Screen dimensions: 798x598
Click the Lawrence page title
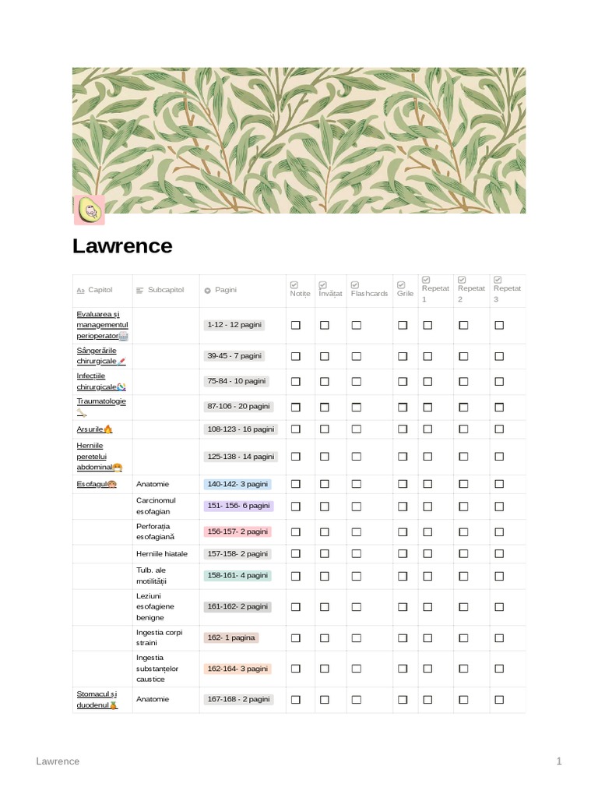point(122,246)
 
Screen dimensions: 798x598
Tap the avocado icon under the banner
point(88,210)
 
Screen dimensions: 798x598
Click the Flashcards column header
point(369,294)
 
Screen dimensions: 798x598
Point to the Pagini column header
point(226,290)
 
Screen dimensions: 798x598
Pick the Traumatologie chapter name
point(101,401)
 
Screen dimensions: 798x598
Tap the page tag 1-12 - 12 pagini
point(234,324)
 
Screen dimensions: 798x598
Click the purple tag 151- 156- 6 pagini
point(237,506)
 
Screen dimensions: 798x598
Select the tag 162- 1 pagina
point(230,637)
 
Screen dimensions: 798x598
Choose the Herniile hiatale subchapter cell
point(162,554)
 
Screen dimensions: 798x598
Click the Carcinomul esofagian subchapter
point(156,506)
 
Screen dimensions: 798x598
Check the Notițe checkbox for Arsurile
point(296,429)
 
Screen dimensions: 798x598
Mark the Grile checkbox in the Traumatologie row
point(403,407)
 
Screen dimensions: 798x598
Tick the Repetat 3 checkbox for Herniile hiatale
point(499,554)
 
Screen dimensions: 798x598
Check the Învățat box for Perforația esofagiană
point(325,531)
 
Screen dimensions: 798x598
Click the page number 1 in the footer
point(559,761)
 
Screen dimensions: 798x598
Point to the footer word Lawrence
point(58,761)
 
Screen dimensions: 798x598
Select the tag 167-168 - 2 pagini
point(239,699)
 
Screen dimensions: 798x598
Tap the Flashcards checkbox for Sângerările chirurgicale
point(356,356)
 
